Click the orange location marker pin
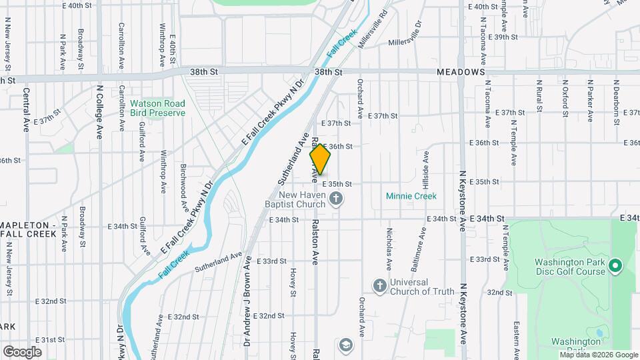point(321,159)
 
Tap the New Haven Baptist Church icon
point(337,197)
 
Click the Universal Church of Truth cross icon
point(379,286)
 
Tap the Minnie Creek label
point(411,196)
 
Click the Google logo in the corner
point(22,351)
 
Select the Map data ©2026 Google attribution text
point(598,355)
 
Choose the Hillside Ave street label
point(425,169)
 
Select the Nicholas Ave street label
point(389,246)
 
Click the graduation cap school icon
point(345,344)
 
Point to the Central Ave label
point(26,109)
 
